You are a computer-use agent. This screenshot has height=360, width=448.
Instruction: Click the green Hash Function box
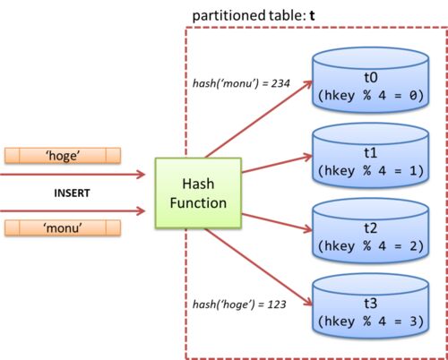[198, 193]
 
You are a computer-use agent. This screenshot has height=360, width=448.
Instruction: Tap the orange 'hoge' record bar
[63, 156]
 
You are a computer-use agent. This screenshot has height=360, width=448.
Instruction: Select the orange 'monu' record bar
[63, 228]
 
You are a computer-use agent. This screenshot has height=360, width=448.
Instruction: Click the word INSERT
[72, 193]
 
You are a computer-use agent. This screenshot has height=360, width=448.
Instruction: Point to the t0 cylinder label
[371, 77]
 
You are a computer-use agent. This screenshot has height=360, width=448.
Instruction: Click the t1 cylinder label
[371, 152]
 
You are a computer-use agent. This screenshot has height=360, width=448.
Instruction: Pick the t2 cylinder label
[371, 228]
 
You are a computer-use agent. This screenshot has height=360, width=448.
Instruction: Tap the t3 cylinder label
[371, 304]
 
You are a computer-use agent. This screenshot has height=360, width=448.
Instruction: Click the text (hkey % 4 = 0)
[371, 96]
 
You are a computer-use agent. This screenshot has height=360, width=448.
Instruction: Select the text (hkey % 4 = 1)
[371, 171]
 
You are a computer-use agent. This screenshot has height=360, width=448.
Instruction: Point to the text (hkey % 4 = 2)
[371, 246]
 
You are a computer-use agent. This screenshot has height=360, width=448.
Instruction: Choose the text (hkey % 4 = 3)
[371, 321]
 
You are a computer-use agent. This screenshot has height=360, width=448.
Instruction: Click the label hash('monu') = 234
[241, 83]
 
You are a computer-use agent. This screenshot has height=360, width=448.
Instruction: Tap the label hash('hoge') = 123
[239, 304]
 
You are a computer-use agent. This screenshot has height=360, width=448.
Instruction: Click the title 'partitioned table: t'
[254, 15]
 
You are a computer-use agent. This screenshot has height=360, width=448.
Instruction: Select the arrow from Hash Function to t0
[259, 119]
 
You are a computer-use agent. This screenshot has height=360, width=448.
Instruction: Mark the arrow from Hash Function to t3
[259, 267]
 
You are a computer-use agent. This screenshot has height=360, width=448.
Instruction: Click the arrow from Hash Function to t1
[277, 164]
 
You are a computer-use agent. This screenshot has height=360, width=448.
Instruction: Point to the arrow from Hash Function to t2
[277, 223]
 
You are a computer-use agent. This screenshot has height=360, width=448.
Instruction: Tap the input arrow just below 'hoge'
[73, 175]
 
